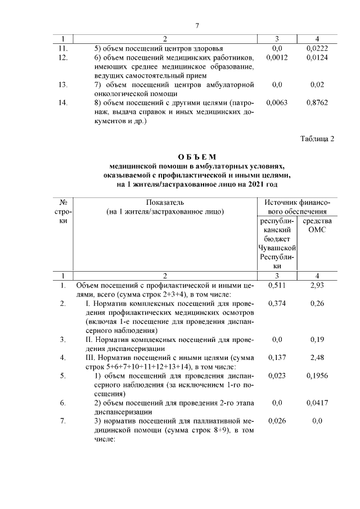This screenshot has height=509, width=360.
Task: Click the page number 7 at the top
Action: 197,26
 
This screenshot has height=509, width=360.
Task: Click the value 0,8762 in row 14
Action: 317,103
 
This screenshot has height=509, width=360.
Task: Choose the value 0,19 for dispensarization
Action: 317,340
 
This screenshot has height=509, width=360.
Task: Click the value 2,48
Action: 317,358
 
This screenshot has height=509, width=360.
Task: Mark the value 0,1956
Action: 317,376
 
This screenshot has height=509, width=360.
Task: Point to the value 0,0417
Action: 317,403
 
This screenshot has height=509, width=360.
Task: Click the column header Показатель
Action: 165,202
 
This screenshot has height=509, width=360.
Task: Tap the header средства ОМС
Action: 317,225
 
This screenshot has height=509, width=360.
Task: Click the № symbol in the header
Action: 64,202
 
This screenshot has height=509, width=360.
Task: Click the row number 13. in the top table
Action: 64,85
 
